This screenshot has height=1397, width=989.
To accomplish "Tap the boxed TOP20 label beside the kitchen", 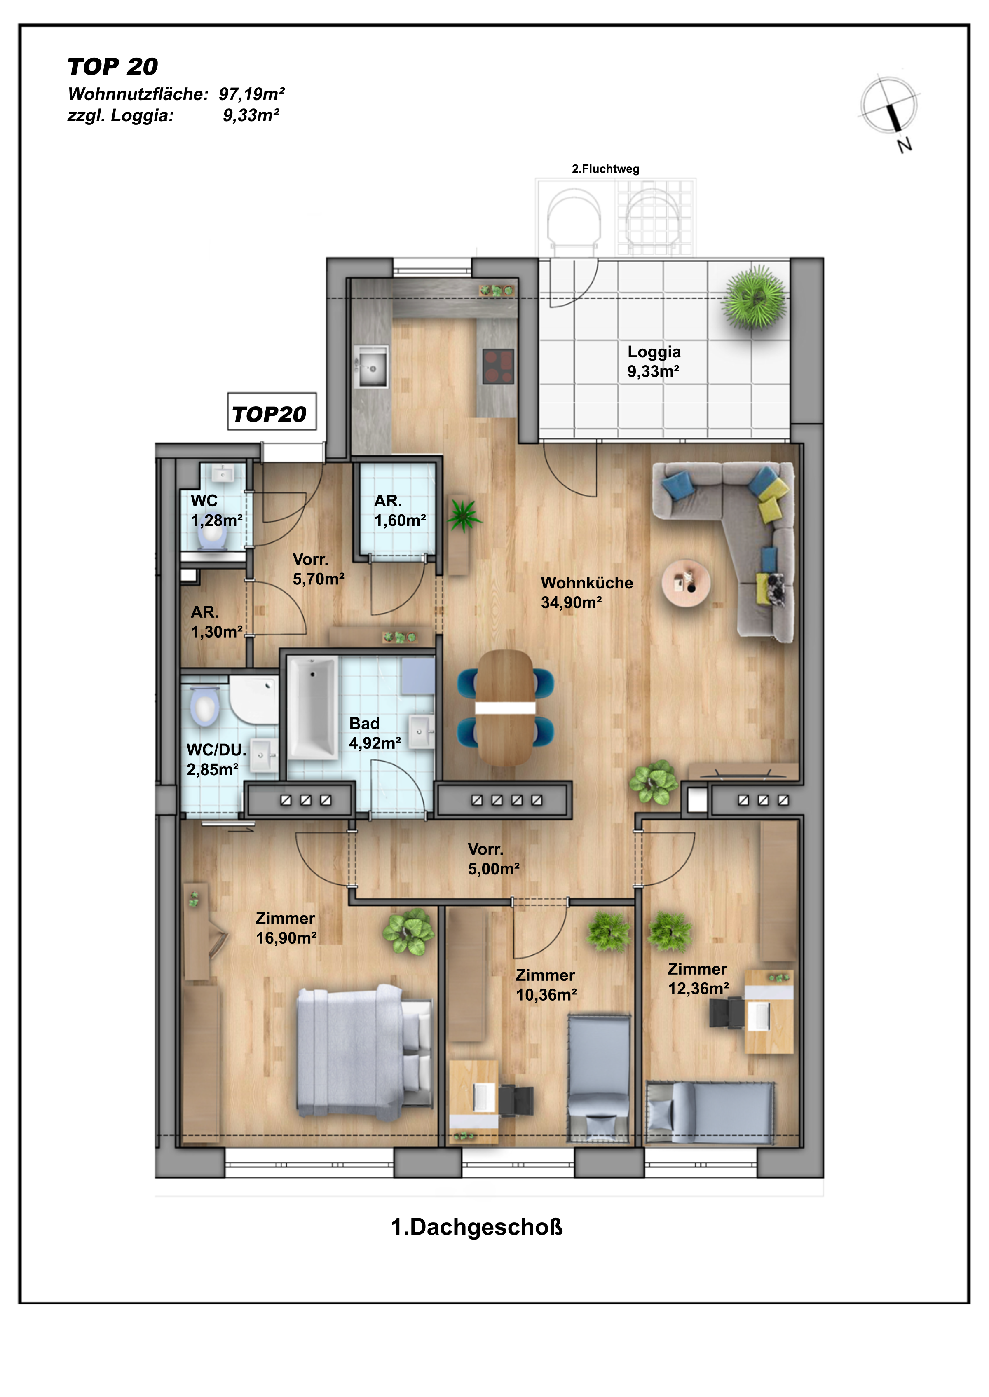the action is (x=272, y=412).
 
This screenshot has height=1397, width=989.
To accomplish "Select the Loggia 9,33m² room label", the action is (x=654, y=361).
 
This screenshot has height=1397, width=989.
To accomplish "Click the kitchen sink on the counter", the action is (x=371, y=367).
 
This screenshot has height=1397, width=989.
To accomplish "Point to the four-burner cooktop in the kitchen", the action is (x=498, y=366).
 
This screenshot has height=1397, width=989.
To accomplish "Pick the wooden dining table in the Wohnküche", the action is (x=505, y=707).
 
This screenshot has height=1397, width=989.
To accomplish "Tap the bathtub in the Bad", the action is (x=312, y=707).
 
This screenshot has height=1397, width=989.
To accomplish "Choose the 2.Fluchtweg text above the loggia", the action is (x=605, y=169).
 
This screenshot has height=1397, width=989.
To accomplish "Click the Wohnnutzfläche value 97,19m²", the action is (x=251, y=94).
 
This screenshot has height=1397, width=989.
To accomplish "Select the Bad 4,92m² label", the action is (x=375, y=733).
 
